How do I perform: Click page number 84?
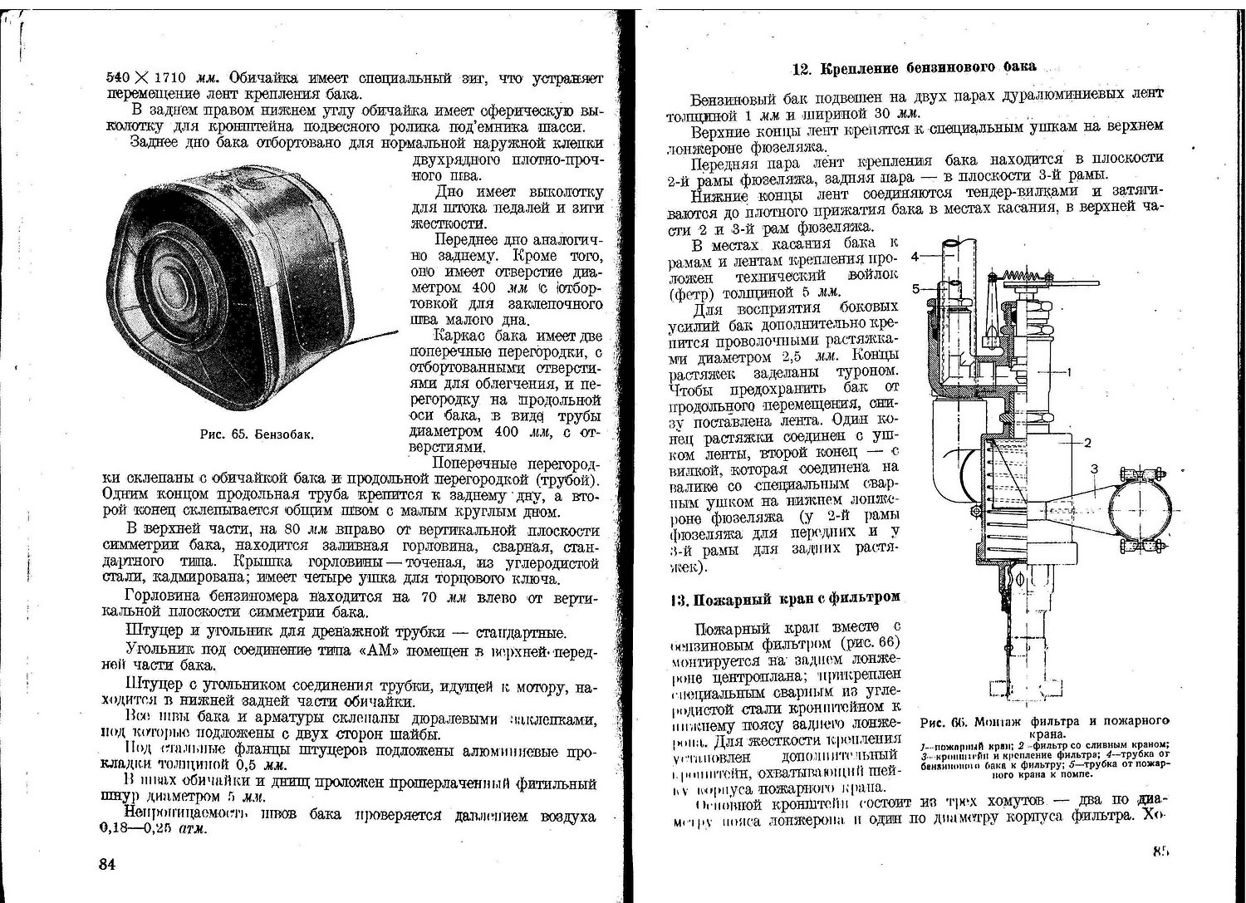coord(106,864)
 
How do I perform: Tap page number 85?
coord(1160,851)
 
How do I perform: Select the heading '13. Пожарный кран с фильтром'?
coord(785,598)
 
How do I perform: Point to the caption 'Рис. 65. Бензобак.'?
coord(257,434)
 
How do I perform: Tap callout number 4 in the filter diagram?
coord(915,257)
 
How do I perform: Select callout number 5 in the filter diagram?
coord(915,289)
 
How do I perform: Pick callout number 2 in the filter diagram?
coord(1087,442)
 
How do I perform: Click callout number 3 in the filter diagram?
coord(1095,469)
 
